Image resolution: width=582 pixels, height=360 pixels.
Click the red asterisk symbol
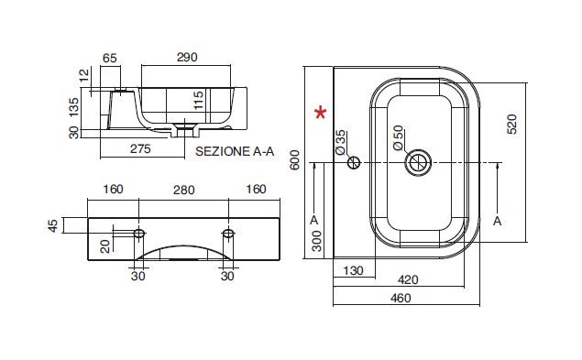pyautogui.click(x=320, y=113)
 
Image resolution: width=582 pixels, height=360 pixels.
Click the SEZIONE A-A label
pyautogui.click(x=235, y=151)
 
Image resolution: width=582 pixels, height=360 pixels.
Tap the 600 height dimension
pyautogui.click(x=294, y=159)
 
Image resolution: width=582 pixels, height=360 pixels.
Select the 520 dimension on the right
pyautogui.click(x=511, y=124)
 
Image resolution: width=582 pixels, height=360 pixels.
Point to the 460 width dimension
pyautogui.click(x=401, y=298)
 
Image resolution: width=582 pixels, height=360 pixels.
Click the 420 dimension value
pyautogui.click(x=408, y=279)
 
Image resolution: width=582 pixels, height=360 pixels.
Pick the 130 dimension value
pyautogui.click(x=353, y=270)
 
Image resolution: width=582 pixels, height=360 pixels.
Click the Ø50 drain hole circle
pyautogui.click(x=418, y=162)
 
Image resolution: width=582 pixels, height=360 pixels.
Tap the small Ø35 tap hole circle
pyautogui.click(x=354, y=162)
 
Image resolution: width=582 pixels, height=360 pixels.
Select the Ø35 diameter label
pyautogui.click(x=340, y=142)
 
